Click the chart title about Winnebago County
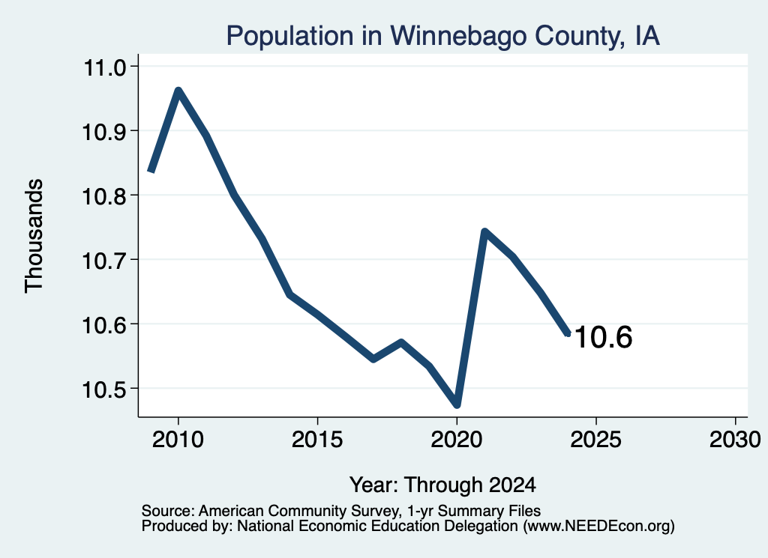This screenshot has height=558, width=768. (442, 37)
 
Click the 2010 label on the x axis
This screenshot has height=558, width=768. (178, 440)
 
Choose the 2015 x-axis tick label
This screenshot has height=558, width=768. (317, 440)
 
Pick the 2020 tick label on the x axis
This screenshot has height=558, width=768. (457, 440)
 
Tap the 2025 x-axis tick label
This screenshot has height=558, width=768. (595, 440)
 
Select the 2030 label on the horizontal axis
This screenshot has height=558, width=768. (735, 440)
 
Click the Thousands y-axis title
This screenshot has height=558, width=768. (34, 236)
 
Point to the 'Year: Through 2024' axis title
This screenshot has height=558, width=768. (442, 485)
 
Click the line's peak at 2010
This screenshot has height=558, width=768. (178, 91)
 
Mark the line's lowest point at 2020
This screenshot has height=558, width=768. (457, 404)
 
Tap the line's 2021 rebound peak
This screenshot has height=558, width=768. (484, 231)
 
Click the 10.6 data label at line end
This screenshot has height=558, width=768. (604, 338)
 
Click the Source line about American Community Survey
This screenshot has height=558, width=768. (341, 511)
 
